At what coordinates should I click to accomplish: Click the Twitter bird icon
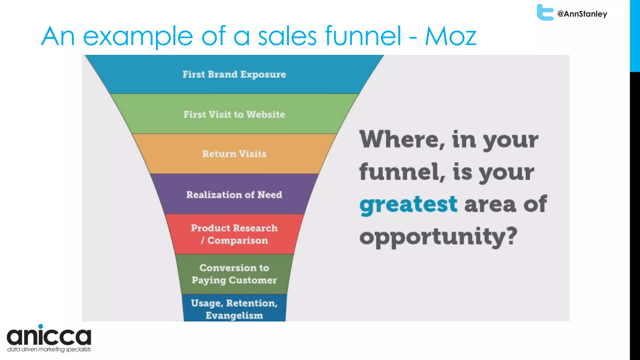[545, 12]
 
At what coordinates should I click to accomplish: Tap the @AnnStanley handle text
[582, 14]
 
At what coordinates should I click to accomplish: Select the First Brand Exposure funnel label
[234, 74]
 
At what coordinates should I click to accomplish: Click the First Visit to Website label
[234, 114]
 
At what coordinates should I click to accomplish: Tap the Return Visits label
[234, 154]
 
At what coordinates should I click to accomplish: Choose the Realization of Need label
[234, 195]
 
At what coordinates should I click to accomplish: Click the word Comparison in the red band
[237, 241]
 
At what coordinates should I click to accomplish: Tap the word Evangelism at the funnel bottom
[234, 315]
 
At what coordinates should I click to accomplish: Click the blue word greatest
[408, 205]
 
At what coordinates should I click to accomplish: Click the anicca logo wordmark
[49, 336]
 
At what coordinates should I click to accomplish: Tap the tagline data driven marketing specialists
[49, 349]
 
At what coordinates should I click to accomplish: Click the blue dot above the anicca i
[41, 326]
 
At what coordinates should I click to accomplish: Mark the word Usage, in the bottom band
[207, 303]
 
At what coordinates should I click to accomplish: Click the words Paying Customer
[234, 280]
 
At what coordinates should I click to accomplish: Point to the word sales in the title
[287, 36]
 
